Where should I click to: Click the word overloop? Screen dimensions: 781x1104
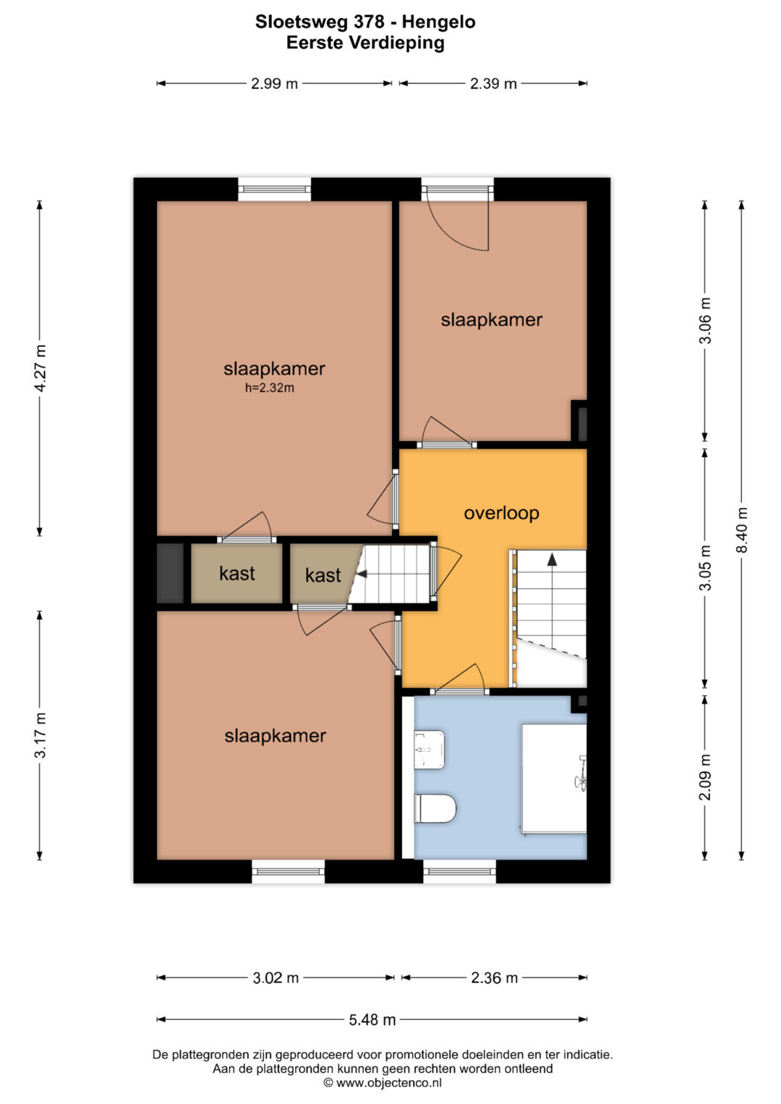click(501, 513)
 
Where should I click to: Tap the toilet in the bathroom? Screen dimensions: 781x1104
click(435, 808)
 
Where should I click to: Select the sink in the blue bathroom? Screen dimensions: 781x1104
click(430, 750)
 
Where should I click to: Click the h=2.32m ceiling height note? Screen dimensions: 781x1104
click(270, 388)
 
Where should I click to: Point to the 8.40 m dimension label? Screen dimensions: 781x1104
click(742, 530)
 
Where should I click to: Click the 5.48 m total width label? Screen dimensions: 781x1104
click(372, 1019)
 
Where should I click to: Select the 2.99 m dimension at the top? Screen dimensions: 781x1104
click(274, 84)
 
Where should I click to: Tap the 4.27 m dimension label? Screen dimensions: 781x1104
click(40, 368)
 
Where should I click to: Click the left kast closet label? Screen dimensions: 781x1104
click(237, 573)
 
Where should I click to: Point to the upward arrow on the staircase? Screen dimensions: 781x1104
click(552, 560)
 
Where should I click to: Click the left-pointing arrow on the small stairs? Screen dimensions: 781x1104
click(362, 573)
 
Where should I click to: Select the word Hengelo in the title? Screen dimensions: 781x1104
click(439, 22)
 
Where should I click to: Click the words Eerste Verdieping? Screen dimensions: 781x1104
click(365, 43)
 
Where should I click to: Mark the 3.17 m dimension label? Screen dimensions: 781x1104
click(40, 735)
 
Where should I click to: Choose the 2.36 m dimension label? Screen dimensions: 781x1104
click(494, 977)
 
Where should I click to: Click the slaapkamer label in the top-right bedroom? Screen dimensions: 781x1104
click(492, 320)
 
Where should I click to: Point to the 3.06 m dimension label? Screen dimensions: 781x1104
click(706, 320)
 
